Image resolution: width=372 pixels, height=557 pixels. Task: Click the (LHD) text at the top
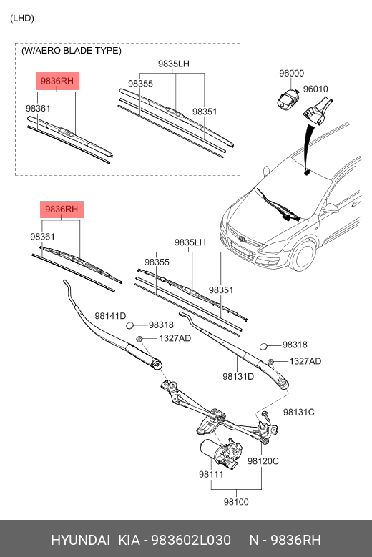(x=21, y=18)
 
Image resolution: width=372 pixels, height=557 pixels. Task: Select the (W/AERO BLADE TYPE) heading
(x=72, y=51)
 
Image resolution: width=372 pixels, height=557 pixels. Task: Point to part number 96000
(x=291, y=74)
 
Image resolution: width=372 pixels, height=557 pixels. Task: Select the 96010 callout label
(x=315, y=89)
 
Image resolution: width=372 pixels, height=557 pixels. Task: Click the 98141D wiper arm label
(x=110, y=316)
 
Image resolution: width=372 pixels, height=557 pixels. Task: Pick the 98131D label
(x=238, y=376)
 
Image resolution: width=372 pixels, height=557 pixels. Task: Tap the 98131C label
(x=299, y=412)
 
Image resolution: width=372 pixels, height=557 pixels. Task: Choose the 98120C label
(x=263, y=461)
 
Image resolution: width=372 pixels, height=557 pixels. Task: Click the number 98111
(x=212, y=474)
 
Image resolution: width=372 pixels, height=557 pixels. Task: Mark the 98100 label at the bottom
(x=236, y=502)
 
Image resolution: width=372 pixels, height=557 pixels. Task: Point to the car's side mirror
(x=331, y=209)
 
